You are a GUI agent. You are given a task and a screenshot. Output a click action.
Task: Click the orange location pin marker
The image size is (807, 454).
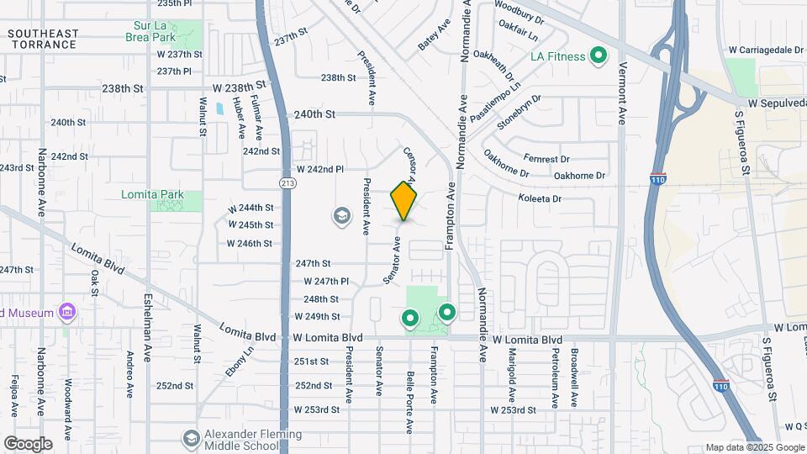(404, 201)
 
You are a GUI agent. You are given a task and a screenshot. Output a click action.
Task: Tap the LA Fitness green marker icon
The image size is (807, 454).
(599, 56)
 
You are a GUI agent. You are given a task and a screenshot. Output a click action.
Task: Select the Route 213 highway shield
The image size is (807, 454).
(286, 182)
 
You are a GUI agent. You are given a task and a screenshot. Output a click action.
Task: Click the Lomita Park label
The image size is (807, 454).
(152, 194)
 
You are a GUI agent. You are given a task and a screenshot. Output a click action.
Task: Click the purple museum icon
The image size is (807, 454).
(67, 314)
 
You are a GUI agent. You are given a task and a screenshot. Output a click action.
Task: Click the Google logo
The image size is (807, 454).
(27, 443)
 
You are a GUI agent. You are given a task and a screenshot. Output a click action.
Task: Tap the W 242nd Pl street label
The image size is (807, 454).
(318, 169)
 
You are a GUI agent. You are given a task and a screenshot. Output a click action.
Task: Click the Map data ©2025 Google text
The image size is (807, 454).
(753, 447)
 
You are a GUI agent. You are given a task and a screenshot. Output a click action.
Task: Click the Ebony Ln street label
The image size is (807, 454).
(239, 362)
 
